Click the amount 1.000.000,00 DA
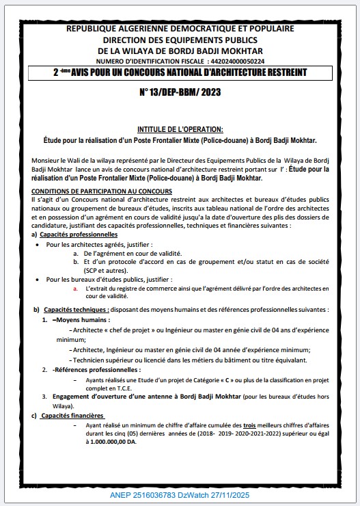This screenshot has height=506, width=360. (x=111, y=442)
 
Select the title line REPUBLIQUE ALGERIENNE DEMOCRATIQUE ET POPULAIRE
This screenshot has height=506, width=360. (x=180, y=29)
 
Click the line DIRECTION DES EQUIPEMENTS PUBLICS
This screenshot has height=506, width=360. (x=180, y=40)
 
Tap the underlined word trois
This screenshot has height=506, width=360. (x=251, y=425)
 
